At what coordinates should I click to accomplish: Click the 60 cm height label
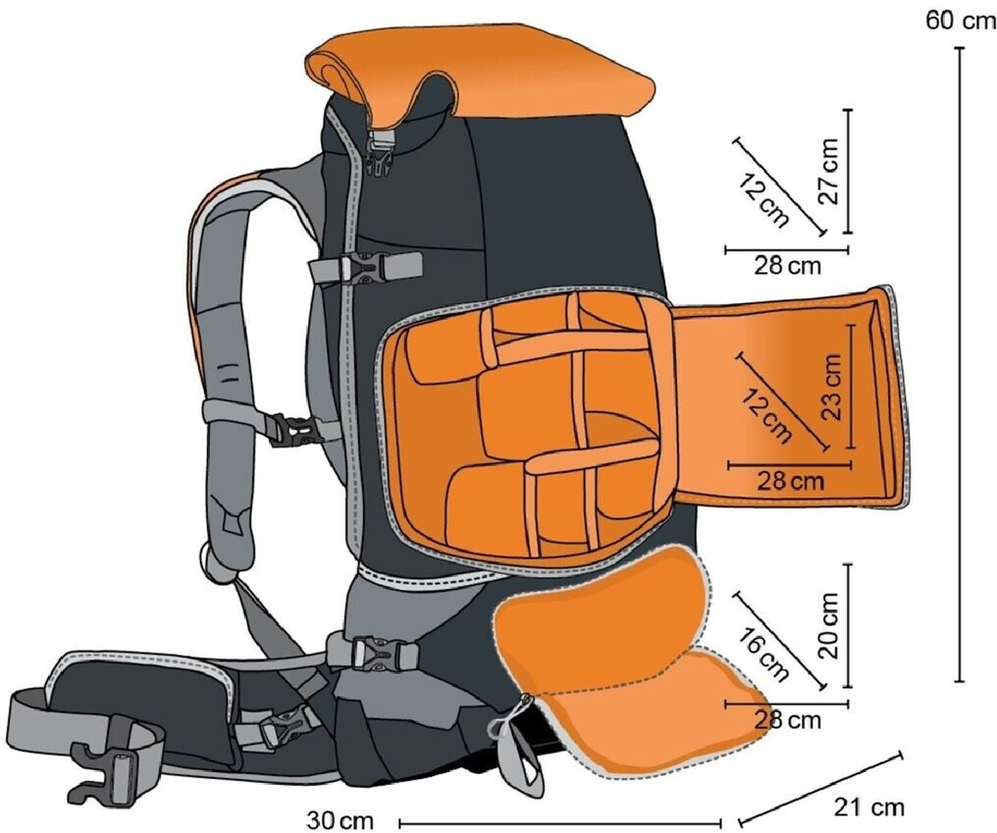point(959,21)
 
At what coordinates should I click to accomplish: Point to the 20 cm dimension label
point(829,625)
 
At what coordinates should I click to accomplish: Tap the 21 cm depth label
point(869,808)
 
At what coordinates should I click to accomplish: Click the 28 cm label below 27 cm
point(788,265)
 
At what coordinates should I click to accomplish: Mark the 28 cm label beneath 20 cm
point(787,720)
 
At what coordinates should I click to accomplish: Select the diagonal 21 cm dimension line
point(819,788)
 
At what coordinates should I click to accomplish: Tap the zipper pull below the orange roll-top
point(381,152)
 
